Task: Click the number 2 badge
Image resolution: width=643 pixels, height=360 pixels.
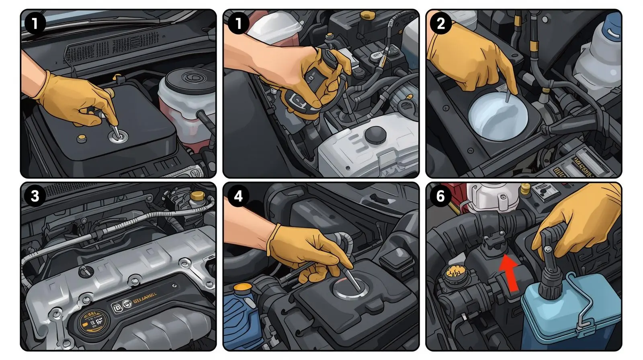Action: (x=440, y=24)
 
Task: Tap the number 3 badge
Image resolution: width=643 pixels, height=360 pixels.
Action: (x=35, y=196)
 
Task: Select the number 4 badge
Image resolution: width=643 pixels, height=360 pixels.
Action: (x=238, y=196)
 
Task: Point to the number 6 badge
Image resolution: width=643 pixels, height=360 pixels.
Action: (x=440, y=196)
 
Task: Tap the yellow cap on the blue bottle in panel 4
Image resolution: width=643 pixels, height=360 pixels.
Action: (x=242, y=287)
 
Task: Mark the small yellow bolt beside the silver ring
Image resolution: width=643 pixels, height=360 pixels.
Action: (x=82, y=138)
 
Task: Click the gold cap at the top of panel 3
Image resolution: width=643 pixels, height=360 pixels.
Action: (x=197, y=196)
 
